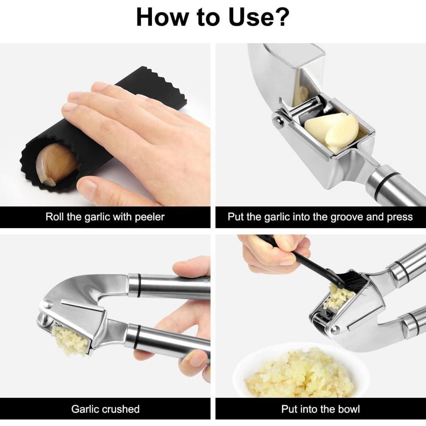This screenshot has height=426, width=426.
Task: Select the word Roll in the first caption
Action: click(x=55, y=217)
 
